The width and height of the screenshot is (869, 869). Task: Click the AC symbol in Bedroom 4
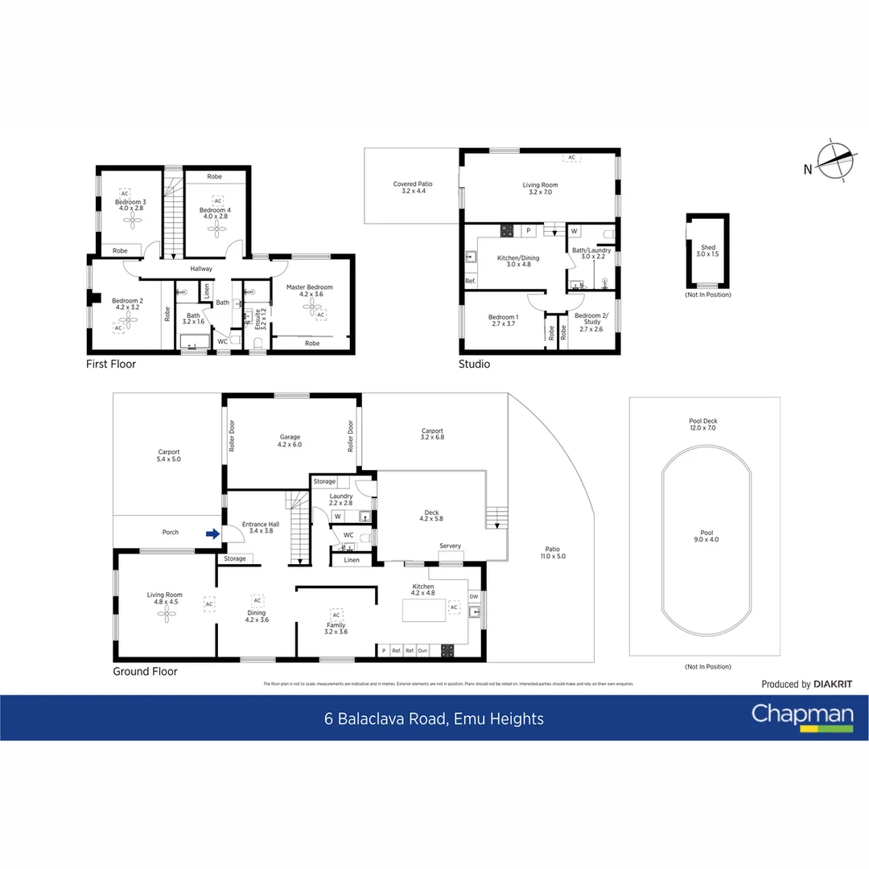[217, 200]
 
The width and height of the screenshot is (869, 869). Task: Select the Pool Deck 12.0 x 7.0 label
[703, 425]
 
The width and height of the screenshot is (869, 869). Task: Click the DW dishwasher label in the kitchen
[473, 597]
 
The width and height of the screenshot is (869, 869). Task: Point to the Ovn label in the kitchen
[422, 650]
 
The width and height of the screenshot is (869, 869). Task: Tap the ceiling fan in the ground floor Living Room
[167, 615]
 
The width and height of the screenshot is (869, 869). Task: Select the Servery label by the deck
[450, 546]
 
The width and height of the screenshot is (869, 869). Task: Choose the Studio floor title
[474, 364]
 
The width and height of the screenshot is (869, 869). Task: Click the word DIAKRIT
[833, 685]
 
